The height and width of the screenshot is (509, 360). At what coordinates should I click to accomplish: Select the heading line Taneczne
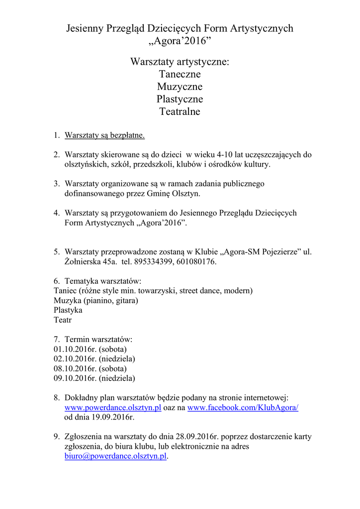click(x=180, y=74)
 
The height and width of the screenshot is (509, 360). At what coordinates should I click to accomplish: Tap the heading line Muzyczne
click(x=180, y=86)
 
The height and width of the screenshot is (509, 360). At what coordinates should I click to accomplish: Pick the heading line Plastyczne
click(x=180, y=99)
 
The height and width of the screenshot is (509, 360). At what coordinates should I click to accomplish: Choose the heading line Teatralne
click(x=180, y=111)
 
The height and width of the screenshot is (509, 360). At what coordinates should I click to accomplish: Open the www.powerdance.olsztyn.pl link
click(x=113, y=408)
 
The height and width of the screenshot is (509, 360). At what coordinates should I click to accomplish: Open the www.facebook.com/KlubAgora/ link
click(x=243, y=408)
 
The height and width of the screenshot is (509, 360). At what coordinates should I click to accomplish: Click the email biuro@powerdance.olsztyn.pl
click(x=115, y=456)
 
